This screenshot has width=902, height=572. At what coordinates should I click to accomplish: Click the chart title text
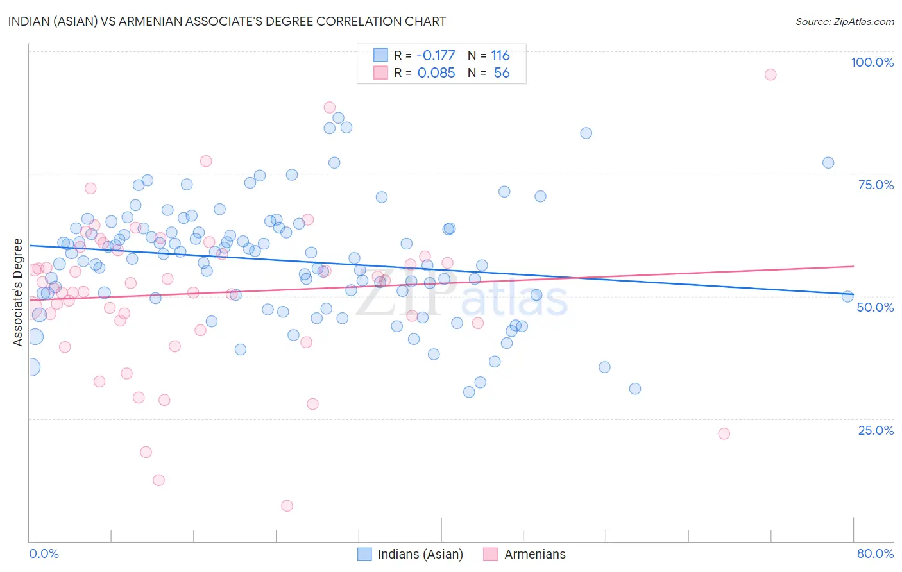226,21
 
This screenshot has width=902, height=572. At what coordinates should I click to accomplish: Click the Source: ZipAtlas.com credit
844,21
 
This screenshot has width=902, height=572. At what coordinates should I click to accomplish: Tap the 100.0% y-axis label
872,62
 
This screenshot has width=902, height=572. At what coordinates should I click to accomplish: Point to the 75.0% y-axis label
876,185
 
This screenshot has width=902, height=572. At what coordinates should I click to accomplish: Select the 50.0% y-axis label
875,307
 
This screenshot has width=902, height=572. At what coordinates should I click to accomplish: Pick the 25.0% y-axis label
876,430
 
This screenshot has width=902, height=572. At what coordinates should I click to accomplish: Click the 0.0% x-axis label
44,553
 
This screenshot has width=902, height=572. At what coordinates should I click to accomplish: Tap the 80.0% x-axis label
875,553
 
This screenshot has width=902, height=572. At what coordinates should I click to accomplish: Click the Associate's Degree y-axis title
18,292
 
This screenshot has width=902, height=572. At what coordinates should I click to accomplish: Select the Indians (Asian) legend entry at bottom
411,554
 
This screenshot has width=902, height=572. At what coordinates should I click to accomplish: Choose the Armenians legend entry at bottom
525,554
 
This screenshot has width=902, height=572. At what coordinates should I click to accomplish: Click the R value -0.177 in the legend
436,56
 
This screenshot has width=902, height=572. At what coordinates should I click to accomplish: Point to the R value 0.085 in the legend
436,73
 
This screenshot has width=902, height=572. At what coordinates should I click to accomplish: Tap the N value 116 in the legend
500,56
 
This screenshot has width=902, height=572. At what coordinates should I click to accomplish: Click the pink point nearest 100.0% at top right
770,74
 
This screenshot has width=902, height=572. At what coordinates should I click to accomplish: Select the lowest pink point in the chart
287,506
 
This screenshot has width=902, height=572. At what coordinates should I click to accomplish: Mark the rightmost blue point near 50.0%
847,296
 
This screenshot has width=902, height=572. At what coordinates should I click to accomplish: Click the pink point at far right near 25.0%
724,433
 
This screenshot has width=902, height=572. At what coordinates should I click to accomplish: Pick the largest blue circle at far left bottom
30,367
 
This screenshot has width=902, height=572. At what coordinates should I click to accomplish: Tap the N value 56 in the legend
502,73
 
